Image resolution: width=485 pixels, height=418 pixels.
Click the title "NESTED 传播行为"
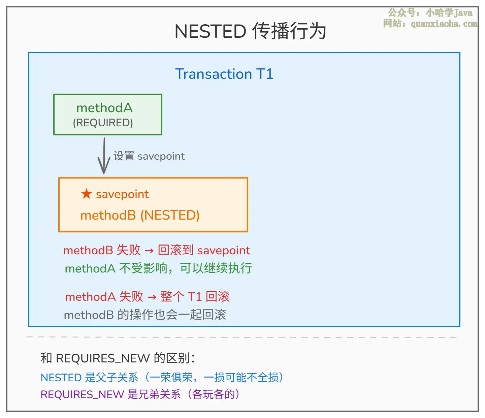pos(250,31)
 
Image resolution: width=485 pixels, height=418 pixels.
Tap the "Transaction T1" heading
pos(224,74)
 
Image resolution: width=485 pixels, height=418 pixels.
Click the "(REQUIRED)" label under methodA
pos(103,123)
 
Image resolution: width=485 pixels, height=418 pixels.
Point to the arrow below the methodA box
pos(104,156)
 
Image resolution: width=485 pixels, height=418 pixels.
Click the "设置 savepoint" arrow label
pos(149,156)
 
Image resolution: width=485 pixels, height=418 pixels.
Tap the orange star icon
pos(86,194)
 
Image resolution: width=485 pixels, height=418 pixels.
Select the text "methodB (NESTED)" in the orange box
pos(140,215)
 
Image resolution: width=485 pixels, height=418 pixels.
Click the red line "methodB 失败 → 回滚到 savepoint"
pos(157,250)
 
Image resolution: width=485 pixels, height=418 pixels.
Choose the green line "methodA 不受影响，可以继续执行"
pos(158,268)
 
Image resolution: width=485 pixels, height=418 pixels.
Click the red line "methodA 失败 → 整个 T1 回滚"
pos(147,296)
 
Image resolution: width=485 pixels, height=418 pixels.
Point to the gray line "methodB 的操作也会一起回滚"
pos(145,315)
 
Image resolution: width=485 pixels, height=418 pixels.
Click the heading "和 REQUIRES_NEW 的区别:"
pos(118,358)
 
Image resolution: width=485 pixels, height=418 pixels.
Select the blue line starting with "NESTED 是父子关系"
pos(162,378)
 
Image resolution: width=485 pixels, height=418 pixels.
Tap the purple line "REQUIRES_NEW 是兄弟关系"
pos(140,394)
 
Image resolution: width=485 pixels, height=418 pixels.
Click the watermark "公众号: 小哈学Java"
pos(430,13)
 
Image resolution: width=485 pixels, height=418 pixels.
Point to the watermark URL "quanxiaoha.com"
pos(444,24)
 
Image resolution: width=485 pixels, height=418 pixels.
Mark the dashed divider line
pos(242,337)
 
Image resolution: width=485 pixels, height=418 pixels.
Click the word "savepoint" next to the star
pos(122,194)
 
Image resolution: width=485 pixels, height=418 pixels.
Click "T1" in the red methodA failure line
pos(195,297)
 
